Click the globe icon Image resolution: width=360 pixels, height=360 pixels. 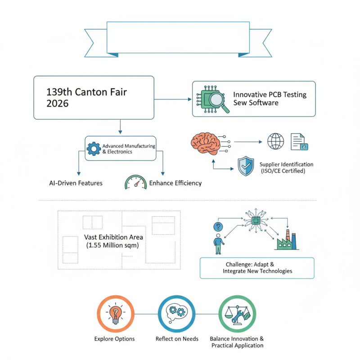(275, 141)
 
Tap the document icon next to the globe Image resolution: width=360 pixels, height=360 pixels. (299, 141)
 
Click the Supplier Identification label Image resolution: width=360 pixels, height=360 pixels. (287, 167)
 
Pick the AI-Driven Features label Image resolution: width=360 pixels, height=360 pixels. (76, 183)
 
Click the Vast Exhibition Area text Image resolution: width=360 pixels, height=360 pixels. (113, 241)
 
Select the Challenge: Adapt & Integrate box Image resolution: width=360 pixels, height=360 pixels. (257, 268)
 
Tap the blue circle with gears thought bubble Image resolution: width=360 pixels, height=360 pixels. (176, 314)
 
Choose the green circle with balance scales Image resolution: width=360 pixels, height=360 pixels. (237, 314)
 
